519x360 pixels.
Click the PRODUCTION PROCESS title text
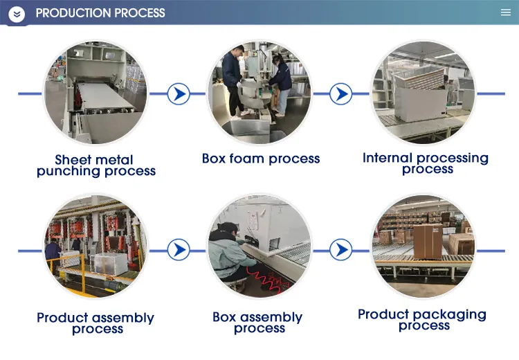(100, 13)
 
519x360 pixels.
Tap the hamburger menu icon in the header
(505, 12)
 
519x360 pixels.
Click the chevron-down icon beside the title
(17, 14)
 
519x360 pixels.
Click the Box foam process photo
(259, 93)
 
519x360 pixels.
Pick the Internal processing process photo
(424, 93)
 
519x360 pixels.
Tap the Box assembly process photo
(259, 247)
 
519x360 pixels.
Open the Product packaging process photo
(424, 247)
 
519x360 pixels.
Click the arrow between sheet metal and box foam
(179, 93)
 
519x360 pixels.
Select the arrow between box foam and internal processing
(340, 93)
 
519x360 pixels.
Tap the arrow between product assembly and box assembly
(179, 249)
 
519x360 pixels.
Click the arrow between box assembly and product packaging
(340, 249)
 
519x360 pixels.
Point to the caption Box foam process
(261, 159)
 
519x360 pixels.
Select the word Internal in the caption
(388, 158)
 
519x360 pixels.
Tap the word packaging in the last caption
(455, 315)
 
